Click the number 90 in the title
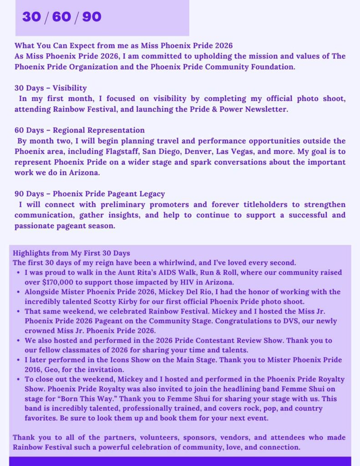[91, 17]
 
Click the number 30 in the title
[31, 17]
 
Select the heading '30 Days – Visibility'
[51, 88]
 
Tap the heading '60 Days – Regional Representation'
[80, 130]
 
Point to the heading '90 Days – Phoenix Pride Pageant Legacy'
[90, 194]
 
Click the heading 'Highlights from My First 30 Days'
[71, 253]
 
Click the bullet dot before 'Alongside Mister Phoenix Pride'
[17, 292]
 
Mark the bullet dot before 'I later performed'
[17, 360]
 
